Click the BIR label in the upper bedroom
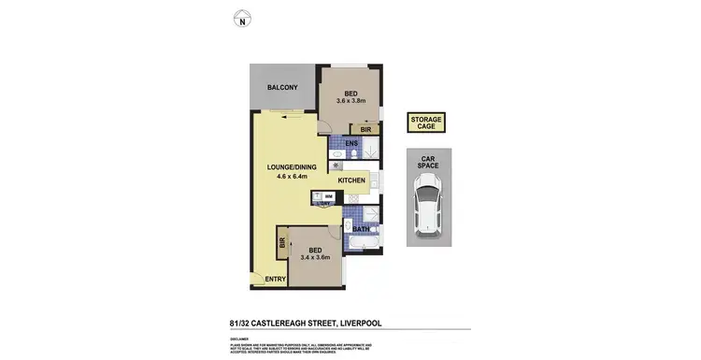(368, 129)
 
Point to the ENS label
(351, 143)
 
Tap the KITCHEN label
(338, 180)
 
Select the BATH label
(360, 228)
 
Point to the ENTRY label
(276, 279)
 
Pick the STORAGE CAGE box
(425, 123)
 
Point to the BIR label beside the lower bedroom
(281, 244)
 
